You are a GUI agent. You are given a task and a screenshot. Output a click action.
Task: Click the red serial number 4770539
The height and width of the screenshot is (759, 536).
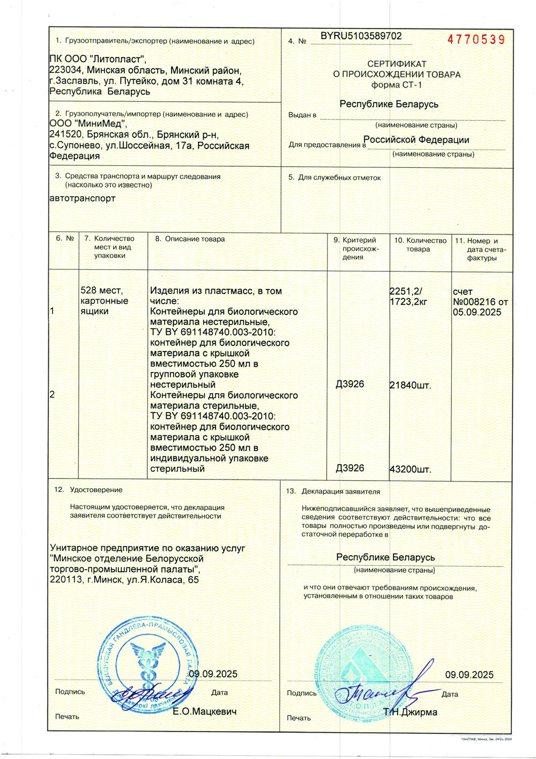pyautogui.click(x=476, y=40)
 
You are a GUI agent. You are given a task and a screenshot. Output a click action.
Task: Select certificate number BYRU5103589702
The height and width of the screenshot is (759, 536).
pyautogui.click(x=361, y=36)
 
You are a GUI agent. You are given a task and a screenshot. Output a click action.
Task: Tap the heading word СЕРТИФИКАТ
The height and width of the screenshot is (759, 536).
pyautogui.click(x=397, y=64)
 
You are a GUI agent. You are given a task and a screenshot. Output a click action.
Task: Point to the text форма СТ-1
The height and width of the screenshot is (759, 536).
pyautogui.click(x=397, y=85)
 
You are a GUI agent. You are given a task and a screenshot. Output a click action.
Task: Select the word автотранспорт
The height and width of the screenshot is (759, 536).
pyautogui.click(x=82, y=198)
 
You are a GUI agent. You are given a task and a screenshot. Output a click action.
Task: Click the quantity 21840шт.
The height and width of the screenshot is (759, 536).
pyautogui.click(x=410, y=385)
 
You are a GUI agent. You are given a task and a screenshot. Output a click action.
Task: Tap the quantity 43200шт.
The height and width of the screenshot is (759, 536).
pyautogui.click(x=410, y=469)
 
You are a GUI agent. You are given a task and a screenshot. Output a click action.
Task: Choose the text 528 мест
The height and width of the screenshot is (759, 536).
pyautogui.click(x=101, y=291)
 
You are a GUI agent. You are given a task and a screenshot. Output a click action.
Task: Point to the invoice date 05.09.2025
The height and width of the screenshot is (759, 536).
pyautogui.click(x=477, y=312)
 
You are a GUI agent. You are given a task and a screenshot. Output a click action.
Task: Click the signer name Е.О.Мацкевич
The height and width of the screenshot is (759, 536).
pyautogui.click(x=204, y=711)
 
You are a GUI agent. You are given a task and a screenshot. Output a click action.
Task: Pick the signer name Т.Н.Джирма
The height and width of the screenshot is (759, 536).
pyautogui.click(x=410, y=712)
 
